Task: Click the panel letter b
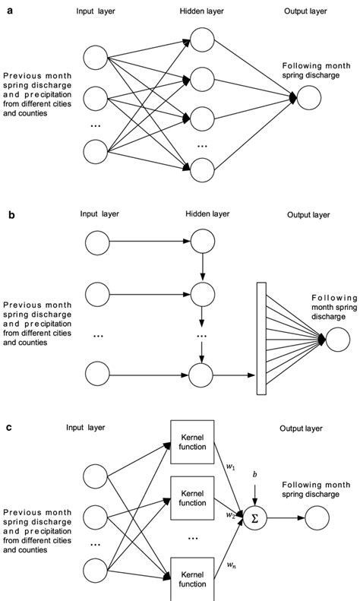(x=8, y=215)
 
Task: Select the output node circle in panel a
(x=309, y=98)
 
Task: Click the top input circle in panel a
(x=96, y=57)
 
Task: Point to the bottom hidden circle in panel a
(x=203, y=169)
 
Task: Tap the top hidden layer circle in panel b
(x=203, y=245)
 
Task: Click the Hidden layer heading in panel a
(x=203, y=11)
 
